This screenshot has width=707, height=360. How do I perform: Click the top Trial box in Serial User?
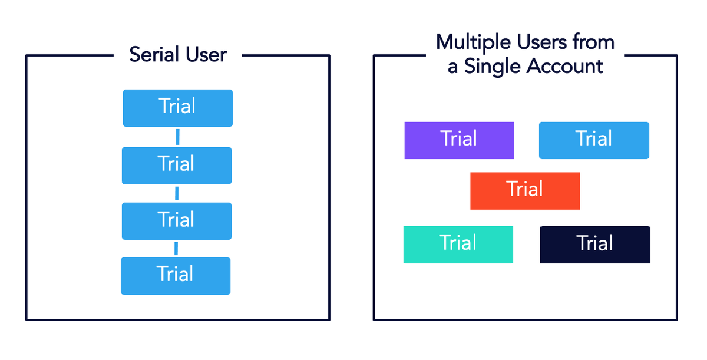pyautogui.click(x=177, y=108)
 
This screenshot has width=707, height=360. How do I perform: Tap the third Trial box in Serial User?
pyautogui.click(x=177, y=221)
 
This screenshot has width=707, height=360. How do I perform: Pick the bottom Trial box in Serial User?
pyautogui.click(x=176, y=276)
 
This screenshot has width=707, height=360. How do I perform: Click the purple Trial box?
pyautogui.click(x=459, y=140)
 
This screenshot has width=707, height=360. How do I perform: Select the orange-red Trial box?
pyautogui.click(x=525, y=190)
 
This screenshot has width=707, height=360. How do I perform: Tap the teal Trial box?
pyautogui.click(x=458, y=244)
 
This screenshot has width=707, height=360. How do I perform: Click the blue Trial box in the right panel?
pyautogui.click(x=594, y=140)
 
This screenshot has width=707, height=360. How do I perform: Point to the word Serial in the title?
pyautogui.click(x=153, y=55)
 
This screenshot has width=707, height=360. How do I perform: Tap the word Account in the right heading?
pyautogui.click(x=564, y=66)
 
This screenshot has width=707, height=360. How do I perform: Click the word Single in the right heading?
pyautogui.click(x=493, y=67)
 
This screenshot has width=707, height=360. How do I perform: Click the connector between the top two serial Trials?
pyautogui.click(x=177, y=137)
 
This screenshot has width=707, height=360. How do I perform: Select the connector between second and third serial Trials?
pyautogui.click(x=177, y=193)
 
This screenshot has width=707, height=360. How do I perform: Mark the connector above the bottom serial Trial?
pyautogui.click(x=176, y=249)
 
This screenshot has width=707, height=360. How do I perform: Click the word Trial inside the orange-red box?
pyautogui.click(x=525, y=190)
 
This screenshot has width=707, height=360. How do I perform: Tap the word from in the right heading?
pyautogui.click(x=594, y=42)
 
